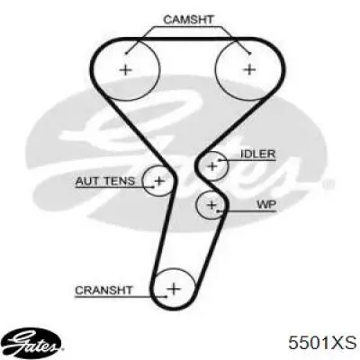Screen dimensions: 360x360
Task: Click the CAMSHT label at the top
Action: [x=188, y=20]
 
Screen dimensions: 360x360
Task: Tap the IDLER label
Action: [x=258, y=154]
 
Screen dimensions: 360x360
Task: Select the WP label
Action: [x=266, y=204]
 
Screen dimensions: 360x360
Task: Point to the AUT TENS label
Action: [x=105, y=181]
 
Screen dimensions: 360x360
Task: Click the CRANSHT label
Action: [x=103, y=290]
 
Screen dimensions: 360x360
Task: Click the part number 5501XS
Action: [x=322, y=342]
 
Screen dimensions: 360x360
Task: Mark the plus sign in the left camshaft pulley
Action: [x=126, y=70]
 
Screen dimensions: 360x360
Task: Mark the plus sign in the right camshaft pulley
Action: [x=249, y=69]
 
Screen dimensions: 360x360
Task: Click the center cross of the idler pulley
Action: [x=212, y=166]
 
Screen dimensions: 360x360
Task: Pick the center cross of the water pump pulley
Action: [x=211, y=205]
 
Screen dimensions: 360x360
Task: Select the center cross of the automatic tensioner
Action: [x=159, y=181]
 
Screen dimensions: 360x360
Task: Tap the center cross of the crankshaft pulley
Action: [x=174, y=289]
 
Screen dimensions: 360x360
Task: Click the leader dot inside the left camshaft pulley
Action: [x=126, y=53]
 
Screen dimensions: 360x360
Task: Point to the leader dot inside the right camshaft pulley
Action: [x=249, y=54]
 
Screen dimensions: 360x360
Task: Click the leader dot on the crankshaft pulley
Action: [x=166, y=297]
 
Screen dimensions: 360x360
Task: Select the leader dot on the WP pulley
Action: [x=220, y=211]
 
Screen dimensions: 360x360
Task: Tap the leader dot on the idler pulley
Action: [x=220, y=160]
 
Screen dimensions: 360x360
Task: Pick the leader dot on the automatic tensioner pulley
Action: [x=153, y=187]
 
